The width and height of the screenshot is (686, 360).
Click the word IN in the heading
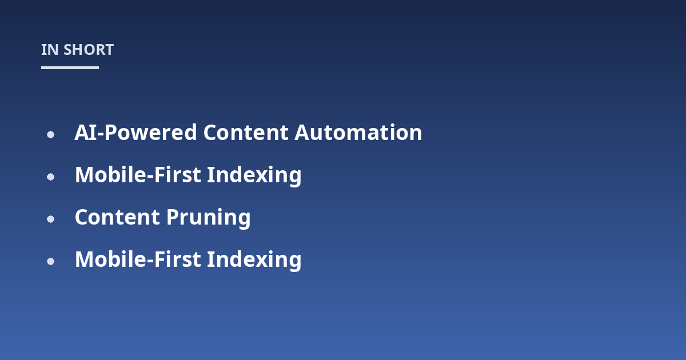pyautogui.click(x=50, y=50)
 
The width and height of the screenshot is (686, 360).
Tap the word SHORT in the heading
pyautogui.click(x=89, y=50)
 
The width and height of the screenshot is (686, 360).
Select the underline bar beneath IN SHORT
pyautogui.click(x=70, y=67)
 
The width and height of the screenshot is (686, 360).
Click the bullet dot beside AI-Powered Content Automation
pyautogui.click(x=50, y=134)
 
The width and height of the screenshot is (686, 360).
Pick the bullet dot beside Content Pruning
pyautogui.click(x=50, y=219)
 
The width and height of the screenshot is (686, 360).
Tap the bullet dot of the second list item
pyautogui.click(x=50, y=177)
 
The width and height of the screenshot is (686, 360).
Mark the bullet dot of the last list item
pyautogui.click(x=50, y=262)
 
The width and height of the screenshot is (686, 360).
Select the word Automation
pyautogui.click(x=358, y=133)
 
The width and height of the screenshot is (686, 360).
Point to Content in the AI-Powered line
pyautogui.click(x=246, y=133)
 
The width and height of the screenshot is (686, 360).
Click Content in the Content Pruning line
pyautogui.click(x=117, y=217)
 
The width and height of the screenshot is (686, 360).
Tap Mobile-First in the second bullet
pyautogui.click(x=138, y=175)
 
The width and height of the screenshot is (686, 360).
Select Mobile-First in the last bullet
pyautogui.click(x=138, y=259)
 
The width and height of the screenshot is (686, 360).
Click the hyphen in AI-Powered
pyautogui.click(x=101, y=134)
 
